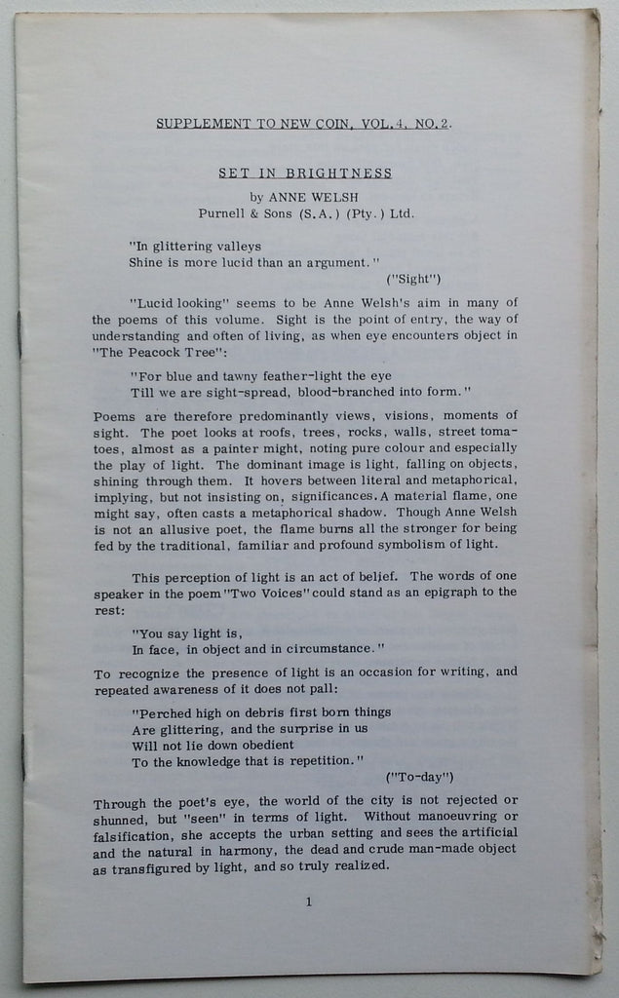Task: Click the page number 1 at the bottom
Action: [309, 902]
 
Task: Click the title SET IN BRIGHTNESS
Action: [304, 174]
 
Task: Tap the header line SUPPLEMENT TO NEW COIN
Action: [304, 124]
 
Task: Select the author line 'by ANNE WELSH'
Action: [304, 195]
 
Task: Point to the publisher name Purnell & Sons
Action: [249, 212]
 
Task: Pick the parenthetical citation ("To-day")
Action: [419, 777]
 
